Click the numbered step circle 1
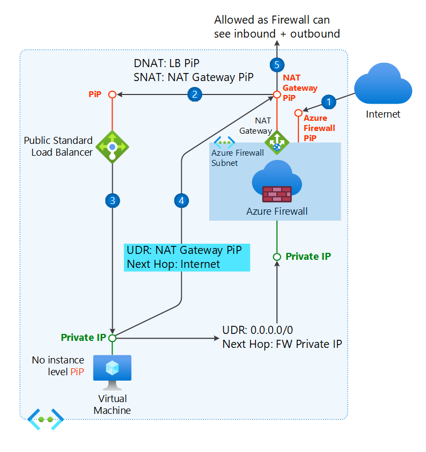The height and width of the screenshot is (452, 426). [x=329, y=100]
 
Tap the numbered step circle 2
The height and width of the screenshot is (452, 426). [x=194, y=94]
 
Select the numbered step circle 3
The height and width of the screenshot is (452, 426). [x=112, y=201]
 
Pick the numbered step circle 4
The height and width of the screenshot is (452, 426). [x=182, y=201]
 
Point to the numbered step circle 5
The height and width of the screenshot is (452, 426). [x=277, y=65]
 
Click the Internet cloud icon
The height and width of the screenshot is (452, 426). [x=383, y=84]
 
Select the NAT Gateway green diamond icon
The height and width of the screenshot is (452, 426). [x=277, y=143]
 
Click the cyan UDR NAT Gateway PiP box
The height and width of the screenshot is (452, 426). [x=187, y=257]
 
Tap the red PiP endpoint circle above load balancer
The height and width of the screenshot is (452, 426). [x=112, y=94]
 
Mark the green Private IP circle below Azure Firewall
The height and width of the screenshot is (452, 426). [x=277, y=257]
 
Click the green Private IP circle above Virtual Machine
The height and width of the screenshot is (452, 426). [x=112, y=338]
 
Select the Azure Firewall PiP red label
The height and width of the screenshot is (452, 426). [x=319, y=128]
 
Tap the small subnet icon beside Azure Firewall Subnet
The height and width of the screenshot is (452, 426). [x=224, y=142]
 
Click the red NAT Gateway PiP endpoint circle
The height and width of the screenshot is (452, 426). [x=277, y=94]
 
